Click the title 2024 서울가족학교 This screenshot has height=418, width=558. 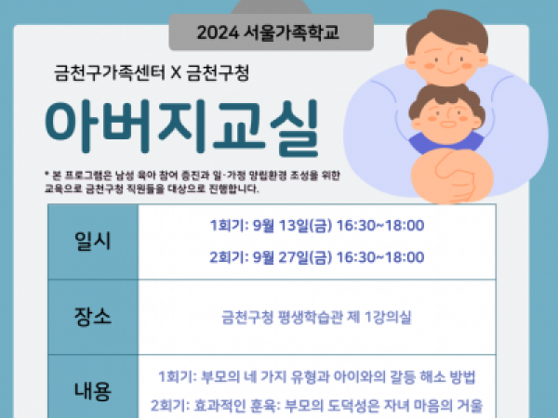coord(268,33)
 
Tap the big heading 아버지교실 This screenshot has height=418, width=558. coord(182,127)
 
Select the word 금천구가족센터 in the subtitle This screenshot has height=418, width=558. coord(110,73)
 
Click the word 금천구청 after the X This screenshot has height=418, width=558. coord(218,73)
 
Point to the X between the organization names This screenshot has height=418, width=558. coord(176,73)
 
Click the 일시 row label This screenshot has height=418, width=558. coord(92,241)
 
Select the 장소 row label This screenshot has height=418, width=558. coord(92,317)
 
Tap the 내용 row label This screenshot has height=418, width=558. coord(92,390)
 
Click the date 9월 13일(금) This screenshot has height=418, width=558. coord(292,226)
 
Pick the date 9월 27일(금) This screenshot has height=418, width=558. coord(292,257)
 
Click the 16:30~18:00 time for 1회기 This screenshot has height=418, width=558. coord(380,226)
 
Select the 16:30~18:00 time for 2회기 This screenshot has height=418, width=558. coord(380,257)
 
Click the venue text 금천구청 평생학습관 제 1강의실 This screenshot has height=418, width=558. coord(316,317)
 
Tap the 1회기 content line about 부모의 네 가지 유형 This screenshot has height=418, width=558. coord(317,377)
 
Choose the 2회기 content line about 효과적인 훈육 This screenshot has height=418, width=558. coord(316,405)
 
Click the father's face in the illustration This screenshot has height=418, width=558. coord(446,59)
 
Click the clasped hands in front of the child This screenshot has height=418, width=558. coord(452,176)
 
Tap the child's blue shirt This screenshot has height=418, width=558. coord(446,142)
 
